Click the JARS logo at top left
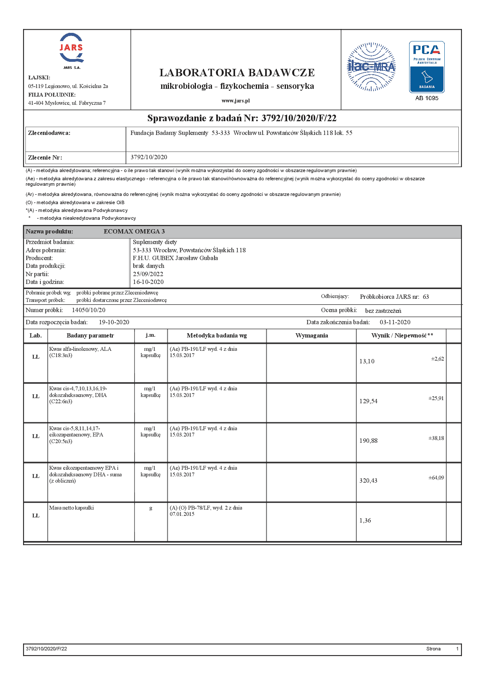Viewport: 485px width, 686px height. (x=72, y=49)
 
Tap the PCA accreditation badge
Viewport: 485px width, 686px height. (x=427, y=67)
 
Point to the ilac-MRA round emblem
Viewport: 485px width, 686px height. (x=371, y=67)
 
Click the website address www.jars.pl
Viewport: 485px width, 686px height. (x=235, y=101)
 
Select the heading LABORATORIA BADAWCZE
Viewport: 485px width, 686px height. (x=237, y=73)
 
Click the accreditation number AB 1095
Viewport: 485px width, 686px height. (x=427, y=98)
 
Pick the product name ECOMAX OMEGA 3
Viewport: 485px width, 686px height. (x=134, y=232)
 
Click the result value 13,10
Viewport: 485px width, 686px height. (x=367, y=361)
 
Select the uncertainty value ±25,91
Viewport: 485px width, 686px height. (x=436, y=399)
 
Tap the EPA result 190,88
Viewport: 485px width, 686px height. (x=368, y=441)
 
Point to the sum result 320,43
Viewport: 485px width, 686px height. (x=368, y=481)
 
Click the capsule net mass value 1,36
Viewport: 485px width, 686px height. (x=365, y=521)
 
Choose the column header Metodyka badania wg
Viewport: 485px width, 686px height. (x=217, y=336)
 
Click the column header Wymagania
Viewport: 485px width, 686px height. (x=312, y=336)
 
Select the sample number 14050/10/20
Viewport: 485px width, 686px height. (x=89, y=310)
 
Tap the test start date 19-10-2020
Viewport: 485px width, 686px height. (x=114, y=322)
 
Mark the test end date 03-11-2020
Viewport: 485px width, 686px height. (x=395, y=322)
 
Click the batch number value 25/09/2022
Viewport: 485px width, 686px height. (x=148, y=274)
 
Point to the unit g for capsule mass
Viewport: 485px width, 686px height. (x=151, y=508)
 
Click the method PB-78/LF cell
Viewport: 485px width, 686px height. (x=206, y=511)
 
